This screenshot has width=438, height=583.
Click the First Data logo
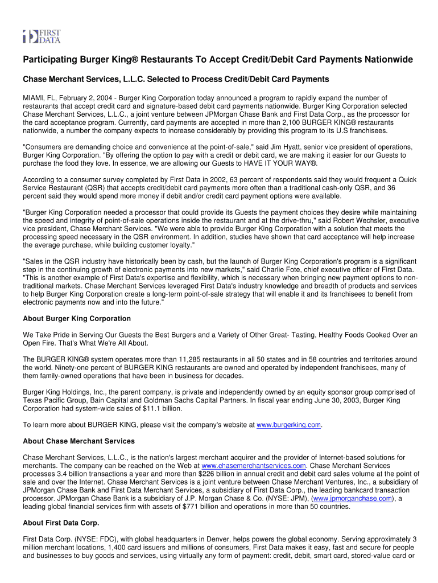[42, 36]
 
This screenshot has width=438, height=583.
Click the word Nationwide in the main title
[388, 60]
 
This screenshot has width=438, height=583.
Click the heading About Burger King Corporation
[77, 318]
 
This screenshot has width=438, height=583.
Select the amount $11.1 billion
[160, 408]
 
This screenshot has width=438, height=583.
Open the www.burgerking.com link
[289, 425]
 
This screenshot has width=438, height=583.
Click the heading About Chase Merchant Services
[78, 441]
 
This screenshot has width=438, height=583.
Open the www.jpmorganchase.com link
[353, 498]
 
